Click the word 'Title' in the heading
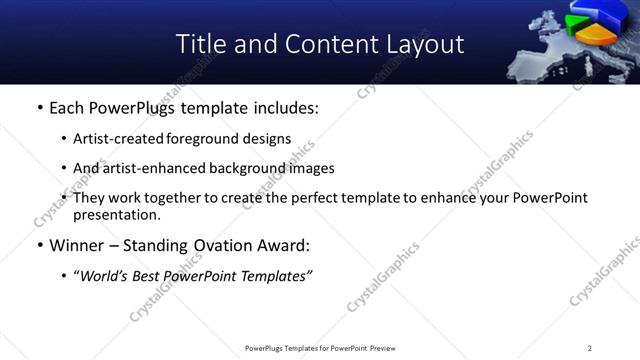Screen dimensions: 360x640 pos(199,44)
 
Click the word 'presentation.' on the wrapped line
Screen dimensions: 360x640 pos(117,214)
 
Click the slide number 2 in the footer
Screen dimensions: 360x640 pos(590,348)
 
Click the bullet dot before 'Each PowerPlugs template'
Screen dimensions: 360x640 pos(39,108)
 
